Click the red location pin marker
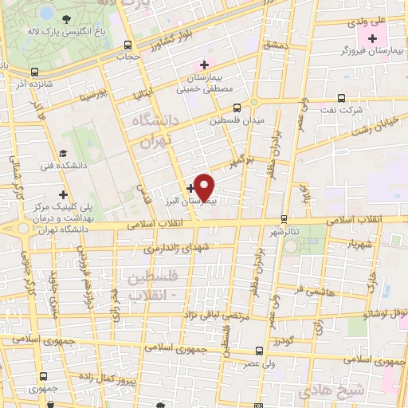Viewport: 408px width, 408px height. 205,186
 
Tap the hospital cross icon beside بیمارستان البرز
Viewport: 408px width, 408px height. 190,189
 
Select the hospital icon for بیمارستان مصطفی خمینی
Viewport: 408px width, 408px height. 204,65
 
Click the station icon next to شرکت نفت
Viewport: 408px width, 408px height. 342,99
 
